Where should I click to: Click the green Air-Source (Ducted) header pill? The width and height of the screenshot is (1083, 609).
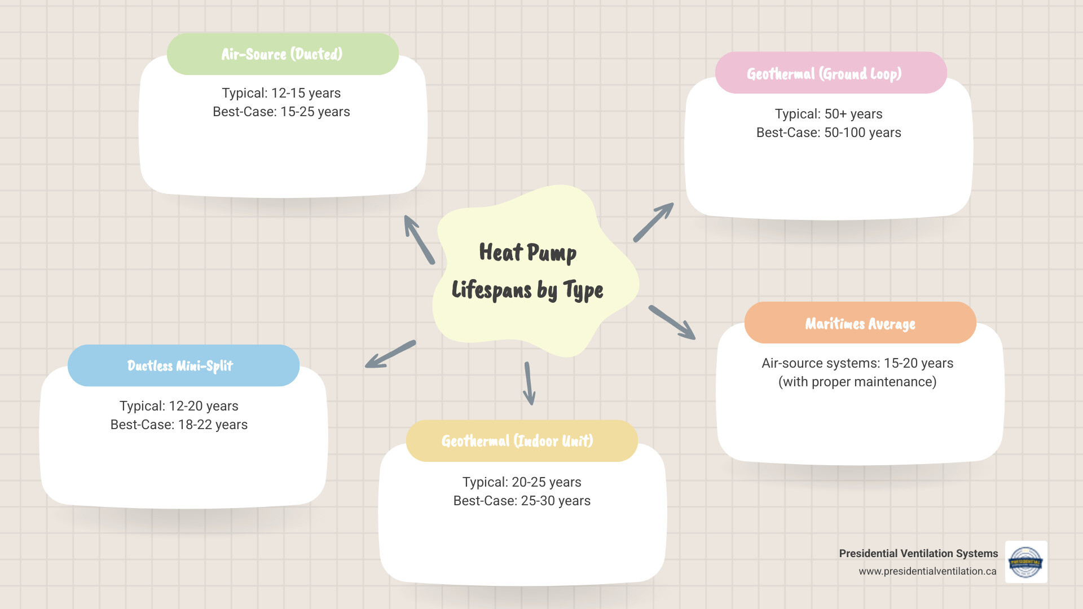pyautogui.click(x=283, y=54)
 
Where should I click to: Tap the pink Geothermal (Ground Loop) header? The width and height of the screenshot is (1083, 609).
pyautogui.click(x=830, y=73)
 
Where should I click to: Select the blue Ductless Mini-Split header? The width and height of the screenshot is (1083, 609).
pyautogui.click(x=183, y=365)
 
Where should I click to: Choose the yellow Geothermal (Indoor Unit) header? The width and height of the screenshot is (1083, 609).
pyautogui.click(x=521, y=441)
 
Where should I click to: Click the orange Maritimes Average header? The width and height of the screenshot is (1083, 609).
pyautogui.click(x=860, y=323)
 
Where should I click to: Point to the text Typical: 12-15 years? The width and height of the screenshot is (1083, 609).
pyautogui.click(x=281, y=93)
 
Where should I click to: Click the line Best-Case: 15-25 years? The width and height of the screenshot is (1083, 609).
pyautogui.click(x=281, y=112)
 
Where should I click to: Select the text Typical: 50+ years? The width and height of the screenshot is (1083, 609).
pyautogui.click(x=828, y=114)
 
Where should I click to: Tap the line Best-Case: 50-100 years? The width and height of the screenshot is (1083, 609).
pyautogui.click(x=828, y=133)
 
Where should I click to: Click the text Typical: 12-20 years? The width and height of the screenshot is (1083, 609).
pyautogui.click(x=179, y=406)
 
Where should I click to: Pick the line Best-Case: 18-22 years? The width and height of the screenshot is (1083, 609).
pyautogui.click(x=179, y=425)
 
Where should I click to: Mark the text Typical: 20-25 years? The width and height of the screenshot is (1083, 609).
pyautogui.click(x=521, y=482)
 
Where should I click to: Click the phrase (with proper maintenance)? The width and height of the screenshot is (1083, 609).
pyautogui.click(x=857, y=382)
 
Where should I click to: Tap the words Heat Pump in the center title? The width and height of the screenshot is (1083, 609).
pyautogui.click(x=527, y=252)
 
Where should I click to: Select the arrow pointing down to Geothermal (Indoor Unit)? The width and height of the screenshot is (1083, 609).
pyautogui.click(x=529, y=383)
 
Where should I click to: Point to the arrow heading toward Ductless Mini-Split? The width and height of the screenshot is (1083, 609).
pyautogui.click(x=390, y=355)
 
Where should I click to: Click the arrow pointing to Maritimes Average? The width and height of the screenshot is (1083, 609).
pyautogui.click(x=672, y=323)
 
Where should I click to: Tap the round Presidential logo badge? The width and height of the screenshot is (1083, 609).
pyautogui.click(x=1025, y=562)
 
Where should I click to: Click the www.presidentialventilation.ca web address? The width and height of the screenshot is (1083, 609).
pyautogui.click(x=927, y=571)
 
